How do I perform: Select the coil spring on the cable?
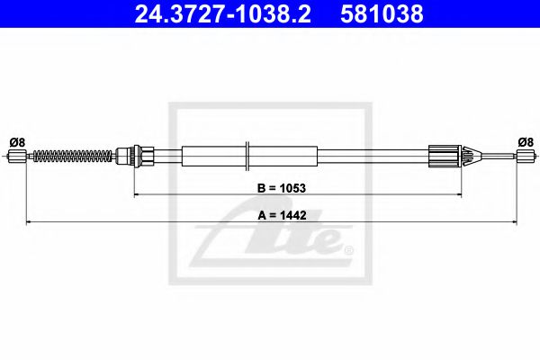[x=72, y=157]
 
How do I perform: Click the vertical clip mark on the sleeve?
[x=246, y=156]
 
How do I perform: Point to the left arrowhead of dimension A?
[x=29, y=220]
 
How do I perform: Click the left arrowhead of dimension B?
[x=138, y=194]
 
